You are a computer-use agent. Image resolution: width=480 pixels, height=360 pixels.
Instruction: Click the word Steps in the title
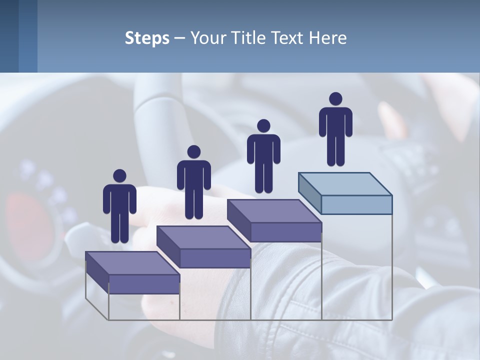point(147,38)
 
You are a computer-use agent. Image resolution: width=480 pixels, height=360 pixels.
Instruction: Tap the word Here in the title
point(328,38)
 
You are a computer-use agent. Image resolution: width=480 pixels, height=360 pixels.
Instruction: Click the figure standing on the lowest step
point(119,206)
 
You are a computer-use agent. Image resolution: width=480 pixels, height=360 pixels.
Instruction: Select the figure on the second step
point(193,182)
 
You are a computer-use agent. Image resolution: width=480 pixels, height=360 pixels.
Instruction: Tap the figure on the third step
point(263,156)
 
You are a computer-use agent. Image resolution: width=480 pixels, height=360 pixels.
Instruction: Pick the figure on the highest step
point(335,129)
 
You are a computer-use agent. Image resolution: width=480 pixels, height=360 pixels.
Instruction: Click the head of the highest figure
point(335,98)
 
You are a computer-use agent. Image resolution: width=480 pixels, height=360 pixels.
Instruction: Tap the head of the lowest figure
point(119,175)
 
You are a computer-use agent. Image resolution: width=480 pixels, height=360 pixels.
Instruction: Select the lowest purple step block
point(133,272)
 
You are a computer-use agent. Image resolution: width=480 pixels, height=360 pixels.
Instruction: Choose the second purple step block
point(204,247)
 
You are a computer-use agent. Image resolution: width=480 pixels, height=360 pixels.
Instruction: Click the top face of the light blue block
point(345,183)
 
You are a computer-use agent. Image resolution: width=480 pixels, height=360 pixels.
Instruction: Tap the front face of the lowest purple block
point(144,284)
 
